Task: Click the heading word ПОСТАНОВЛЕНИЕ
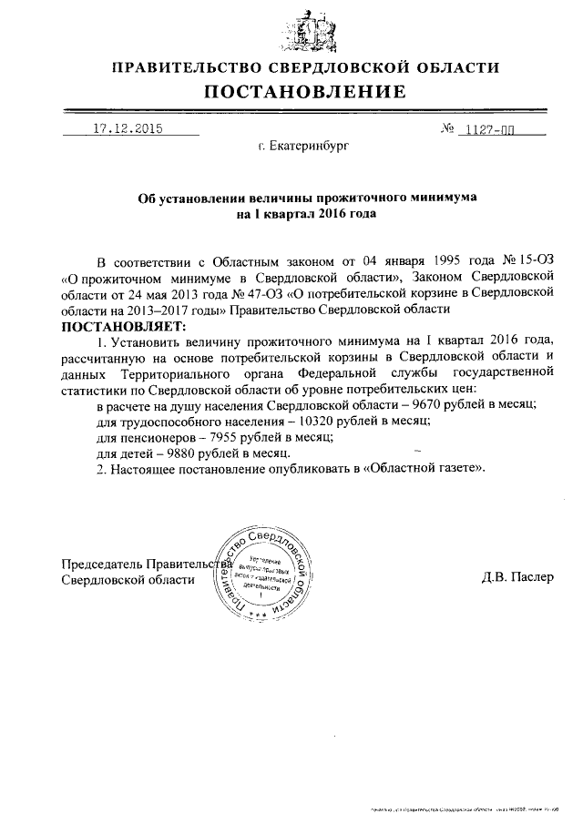coord(304,91)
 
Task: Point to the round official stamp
coord(263,570)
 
